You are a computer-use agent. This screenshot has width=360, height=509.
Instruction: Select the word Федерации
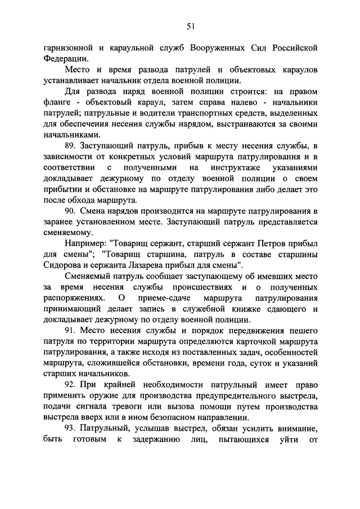click(64, 58)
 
